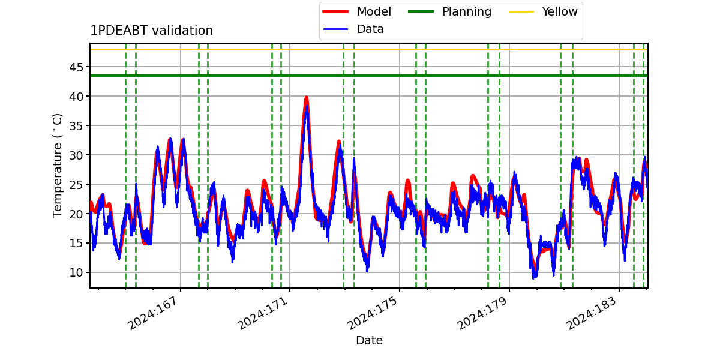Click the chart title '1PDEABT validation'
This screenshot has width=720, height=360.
click(x=151, y=31)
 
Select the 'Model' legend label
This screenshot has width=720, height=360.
click(x=374, y=11)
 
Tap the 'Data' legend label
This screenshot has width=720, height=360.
click(x=370, y=29)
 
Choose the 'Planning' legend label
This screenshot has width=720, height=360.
click(x=467, y=12)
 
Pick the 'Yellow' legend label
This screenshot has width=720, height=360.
click(x=560, y=11)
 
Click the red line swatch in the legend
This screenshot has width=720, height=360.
click(x=335, y=11)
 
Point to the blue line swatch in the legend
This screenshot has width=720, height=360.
click(x=335, y=29)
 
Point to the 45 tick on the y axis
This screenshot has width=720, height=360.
click(x=76, y=67)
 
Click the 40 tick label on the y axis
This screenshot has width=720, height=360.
click(x=76, y=97)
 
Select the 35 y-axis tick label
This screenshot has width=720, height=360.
click(x=76, y=125)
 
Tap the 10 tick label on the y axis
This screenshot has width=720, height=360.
click(x=76, y=272)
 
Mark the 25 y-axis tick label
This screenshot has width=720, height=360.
click(x=76, y=185)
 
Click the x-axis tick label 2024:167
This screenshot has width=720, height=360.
click(x=152, y=313)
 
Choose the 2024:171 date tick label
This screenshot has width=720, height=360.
click(x=262, y=313)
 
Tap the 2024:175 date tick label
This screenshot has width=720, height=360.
click(x=372, y=313)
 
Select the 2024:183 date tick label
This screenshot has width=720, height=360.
click(x=592, y=313)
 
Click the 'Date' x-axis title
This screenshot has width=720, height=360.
click(x=370, y=340)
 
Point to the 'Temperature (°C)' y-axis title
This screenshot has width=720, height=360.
click(x=57, y=166)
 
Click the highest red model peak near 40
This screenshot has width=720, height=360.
click(x=307, y=97)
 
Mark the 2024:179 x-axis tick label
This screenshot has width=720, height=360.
click(x=482, y=313)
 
